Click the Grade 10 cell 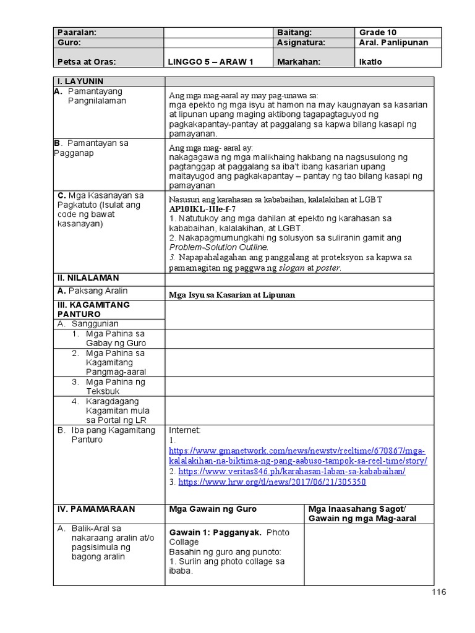pos(378,32)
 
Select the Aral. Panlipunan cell pos(393,43)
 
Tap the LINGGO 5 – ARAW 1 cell pos(211,62)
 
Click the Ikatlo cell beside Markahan pos(370,62)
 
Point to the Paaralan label pos(77,32)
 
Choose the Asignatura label pos(301,43)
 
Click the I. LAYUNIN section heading pos(80,82)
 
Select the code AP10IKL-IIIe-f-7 pos(202,209)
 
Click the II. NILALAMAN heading pos(88,278)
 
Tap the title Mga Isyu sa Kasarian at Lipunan pos(232,295)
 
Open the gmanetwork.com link pos(297,456)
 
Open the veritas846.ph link pos(292,471)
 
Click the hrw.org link pos(272,482)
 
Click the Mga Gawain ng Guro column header pos(213,509)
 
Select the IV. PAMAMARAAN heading pos(95,509)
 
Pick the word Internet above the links pos(185,430)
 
